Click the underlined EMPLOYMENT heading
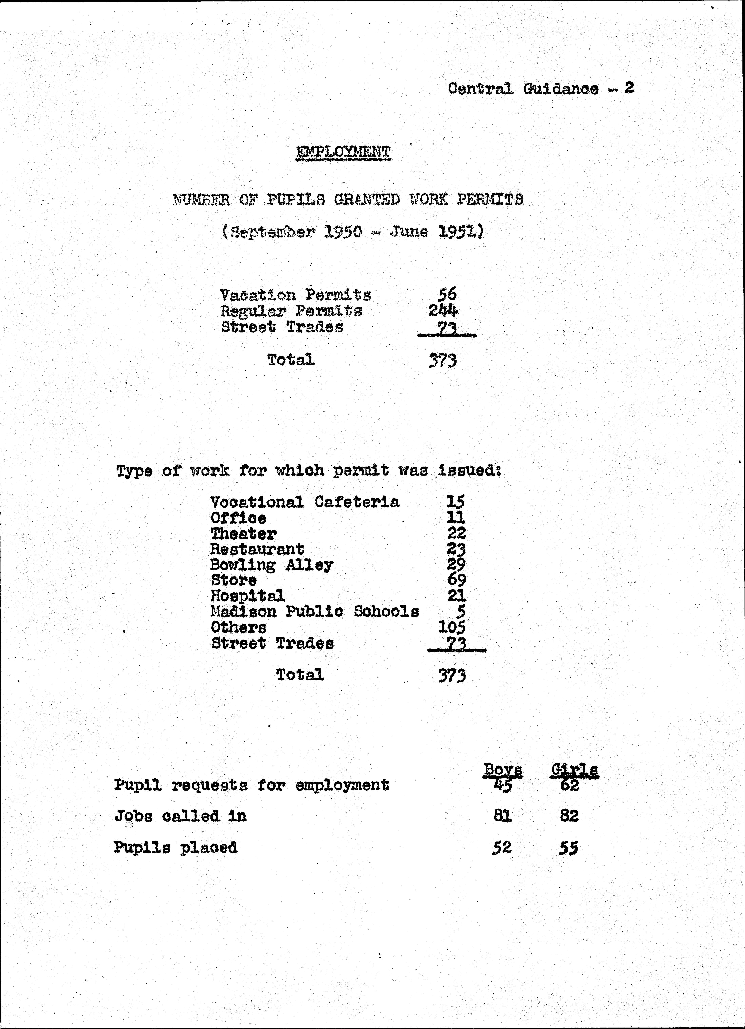click(343, 152)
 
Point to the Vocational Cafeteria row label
click(305, 502)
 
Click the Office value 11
click(456, 517)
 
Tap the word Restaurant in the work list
click(257, 549)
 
